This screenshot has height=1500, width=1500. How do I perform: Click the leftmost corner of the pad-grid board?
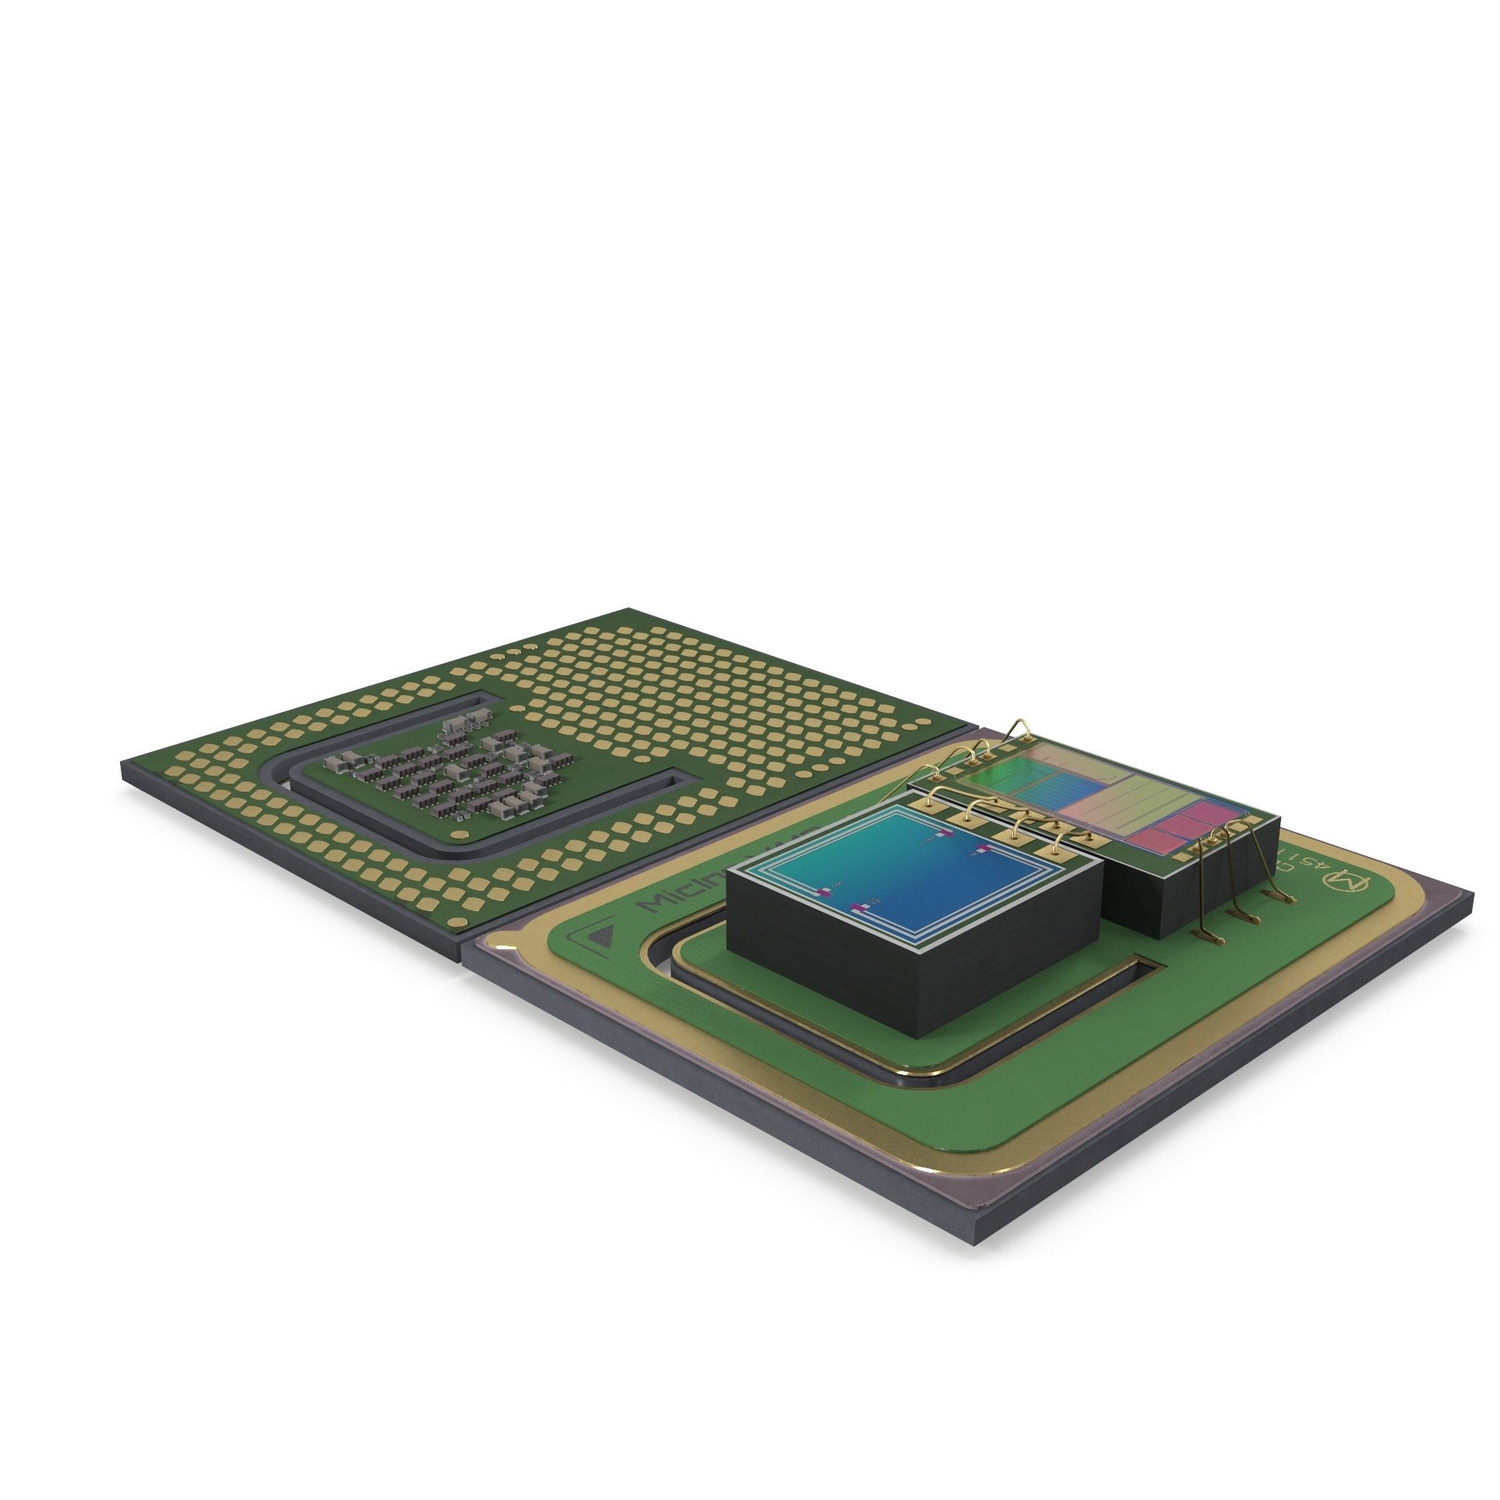pos(122,765)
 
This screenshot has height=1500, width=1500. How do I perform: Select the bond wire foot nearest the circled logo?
pos(1288,900)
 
